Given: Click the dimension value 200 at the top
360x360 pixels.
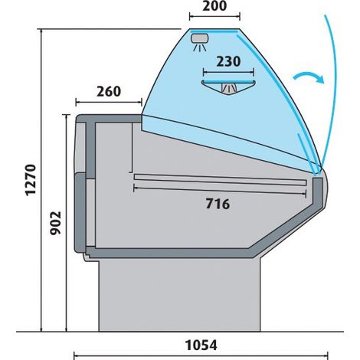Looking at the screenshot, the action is [x=214, y=6].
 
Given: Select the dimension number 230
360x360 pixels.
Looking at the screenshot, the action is [x=228, y=61].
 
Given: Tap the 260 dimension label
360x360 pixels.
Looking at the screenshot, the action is [x=109, y=92].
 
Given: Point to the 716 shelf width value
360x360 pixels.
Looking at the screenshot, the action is [x=218, y=204].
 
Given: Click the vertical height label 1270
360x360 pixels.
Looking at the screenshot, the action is [x=31, y=180].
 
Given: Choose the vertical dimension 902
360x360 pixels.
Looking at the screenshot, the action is [x=56, y=223].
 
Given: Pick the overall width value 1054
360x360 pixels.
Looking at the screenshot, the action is [x=201, y=345].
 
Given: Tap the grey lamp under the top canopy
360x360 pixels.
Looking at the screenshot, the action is [x=200, y=38].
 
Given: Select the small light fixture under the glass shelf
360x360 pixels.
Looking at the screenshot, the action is [x=229, y=88].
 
